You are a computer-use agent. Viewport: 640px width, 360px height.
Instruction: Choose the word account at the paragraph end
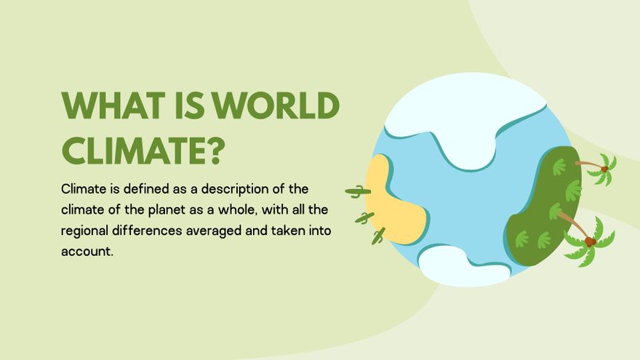pos(88,252)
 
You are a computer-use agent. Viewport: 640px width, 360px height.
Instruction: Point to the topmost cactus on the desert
pos(357,192)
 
